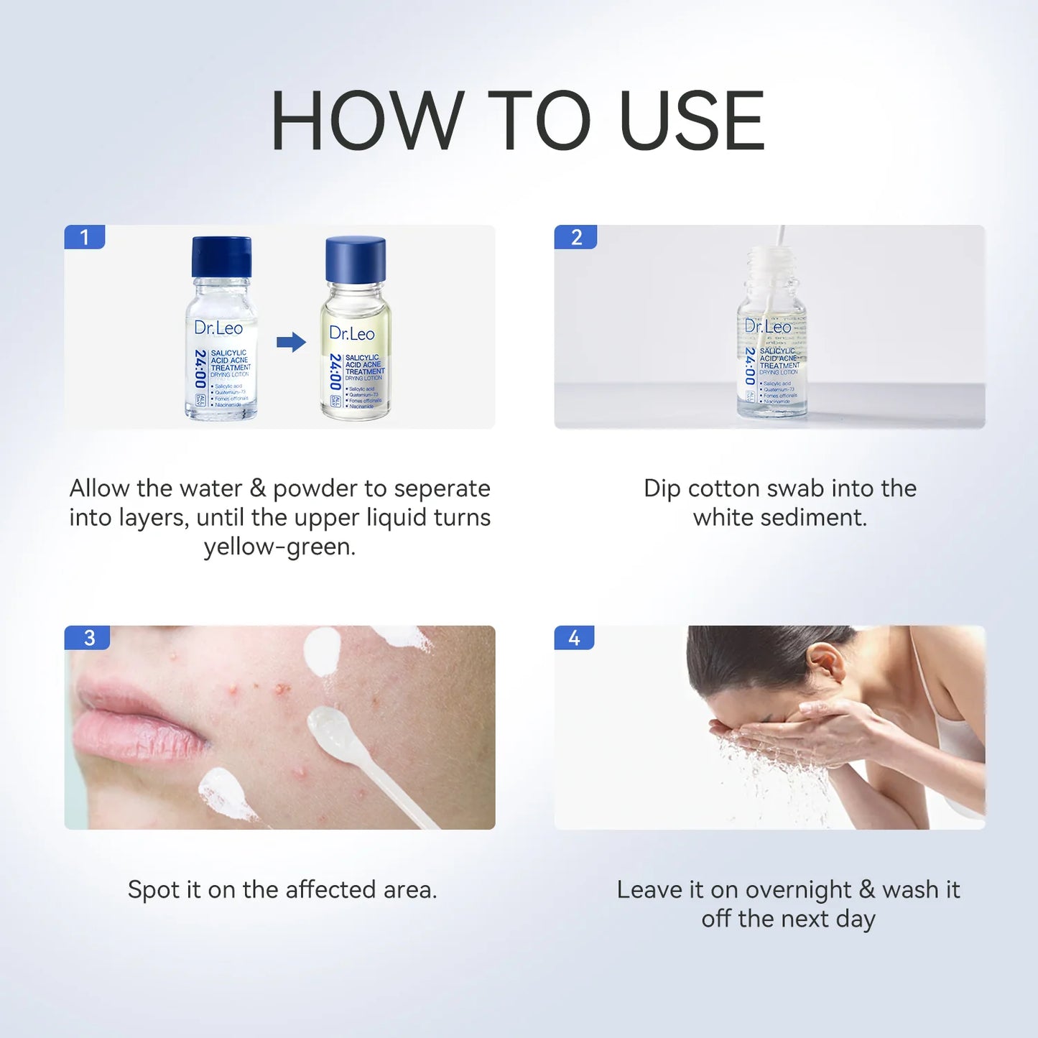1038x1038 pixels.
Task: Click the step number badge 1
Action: [x=85, y=237]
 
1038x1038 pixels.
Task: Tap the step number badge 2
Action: [x=575, y=237]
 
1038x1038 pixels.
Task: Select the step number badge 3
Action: [x=88, y=637]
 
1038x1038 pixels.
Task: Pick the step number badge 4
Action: [x=574, y=637]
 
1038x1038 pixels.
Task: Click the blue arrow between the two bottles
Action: [x=291, y=342]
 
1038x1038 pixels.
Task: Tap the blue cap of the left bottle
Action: [x=221, y=256]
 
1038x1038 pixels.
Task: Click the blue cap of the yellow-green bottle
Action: [x=356, y=259]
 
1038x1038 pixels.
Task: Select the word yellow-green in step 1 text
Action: [x=279, y=547]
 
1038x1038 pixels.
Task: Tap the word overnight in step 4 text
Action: [x=798, y=890]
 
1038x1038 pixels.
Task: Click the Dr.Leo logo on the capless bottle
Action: [x=767, y=326]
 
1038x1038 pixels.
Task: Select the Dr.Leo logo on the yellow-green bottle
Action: [x=352, y=333]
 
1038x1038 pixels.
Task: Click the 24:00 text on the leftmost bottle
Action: [x=200, y=369]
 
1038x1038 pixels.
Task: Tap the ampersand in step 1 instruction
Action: [x=258, y=488]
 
